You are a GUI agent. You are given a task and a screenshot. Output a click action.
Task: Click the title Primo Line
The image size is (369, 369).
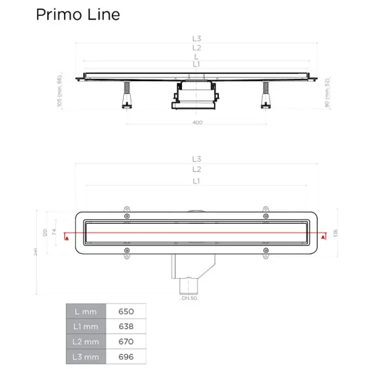click(x=77, y=14)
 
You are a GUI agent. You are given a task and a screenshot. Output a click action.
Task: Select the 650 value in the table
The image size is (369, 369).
click(x=125, y=311)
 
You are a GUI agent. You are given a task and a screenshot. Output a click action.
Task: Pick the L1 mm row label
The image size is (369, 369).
click(x=85, y=326)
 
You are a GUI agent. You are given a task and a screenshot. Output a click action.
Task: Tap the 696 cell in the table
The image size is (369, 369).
click(x=125, y=356)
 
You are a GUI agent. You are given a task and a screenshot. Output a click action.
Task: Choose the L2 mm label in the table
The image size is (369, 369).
click(x=85, y=341)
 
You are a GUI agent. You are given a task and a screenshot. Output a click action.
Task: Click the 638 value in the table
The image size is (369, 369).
click(x=125, y=326)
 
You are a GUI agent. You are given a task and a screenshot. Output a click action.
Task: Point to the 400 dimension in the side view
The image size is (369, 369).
click(x=197, y=122)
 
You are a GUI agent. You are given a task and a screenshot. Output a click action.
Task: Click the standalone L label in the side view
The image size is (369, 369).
click(x=197, y=56)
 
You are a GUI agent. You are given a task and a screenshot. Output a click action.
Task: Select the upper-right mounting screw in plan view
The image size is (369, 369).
click(x=266, y=216)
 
